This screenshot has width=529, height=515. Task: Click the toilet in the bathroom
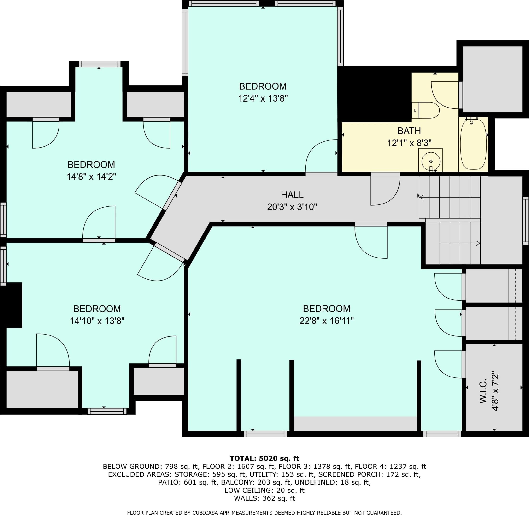[x=425, y=110]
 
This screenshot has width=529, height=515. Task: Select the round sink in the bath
[x=431, y=161]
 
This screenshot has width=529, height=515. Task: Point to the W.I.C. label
[x=483, y=391]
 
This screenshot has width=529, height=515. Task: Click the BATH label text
[x=409, y=131]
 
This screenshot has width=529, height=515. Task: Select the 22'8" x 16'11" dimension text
[x=327, y=321]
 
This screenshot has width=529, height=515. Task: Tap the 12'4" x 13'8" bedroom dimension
[x=263, y=98]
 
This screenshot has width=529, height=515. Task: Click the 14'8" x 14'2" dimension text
[x=91, y=177]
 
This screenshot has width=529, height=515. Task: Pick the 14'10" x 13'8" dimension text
[x=97, y=321]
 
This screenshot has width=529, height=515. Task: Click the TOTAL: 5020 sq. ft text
[x=264, y=458]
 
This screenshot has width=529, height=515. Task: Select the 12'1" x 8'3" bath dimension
[x=409, y=143]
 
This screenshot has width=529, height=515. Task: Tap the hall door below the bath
[x=385, y=191]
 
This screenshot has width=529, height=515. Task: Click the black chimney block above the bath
[x=375, y=94]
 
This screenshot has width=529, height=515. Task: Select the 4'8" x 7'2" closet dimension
[x=495, y=391]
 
